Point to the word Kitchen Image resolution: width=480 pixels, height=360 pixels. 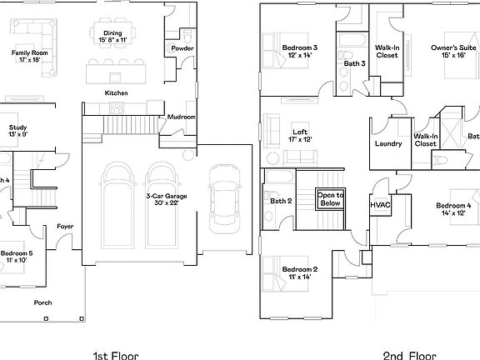point(116,92)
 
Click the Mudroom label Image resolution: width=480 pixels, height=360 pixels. point(181,117)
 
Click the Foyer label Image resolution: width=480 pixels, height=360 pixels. point(64,227)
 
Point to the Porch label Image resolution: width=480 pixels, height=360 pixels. point(42,302)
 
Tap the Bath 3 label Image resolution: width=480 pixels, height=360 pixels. point(352,63)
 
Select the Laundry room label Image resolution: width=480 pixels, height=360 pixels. point(388,144)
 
